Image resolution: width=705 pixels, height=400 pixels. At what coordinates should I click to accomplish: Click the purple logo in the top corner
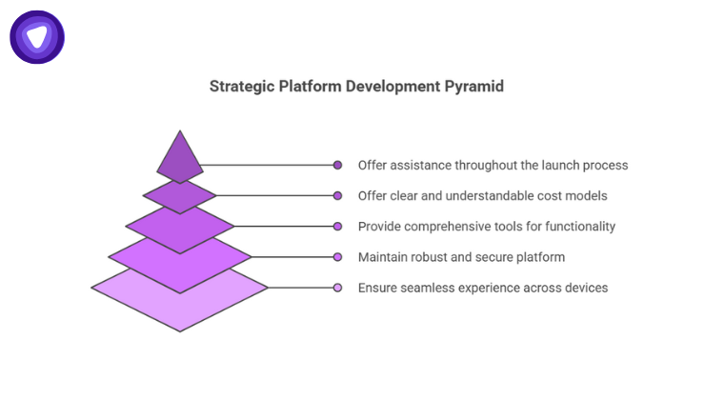[37, 37]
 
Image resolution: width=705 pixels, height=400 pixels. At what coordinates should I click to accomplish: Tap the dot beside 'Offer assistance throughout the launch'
[337, 165]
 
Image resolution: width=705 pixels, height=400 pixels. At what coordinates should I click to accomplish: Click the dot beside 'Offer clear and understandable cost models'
[337, 195]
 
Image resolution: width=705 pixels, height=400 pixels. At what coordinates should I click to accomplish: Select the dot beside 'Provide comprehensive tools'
[337, 226]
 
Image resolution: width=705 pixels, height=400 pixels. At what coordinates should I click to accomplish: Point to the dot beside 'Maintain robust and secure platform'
[337, 257]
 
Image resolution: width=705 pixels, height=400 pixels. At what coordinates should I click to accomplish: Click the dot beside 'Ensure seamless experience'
[337, 288]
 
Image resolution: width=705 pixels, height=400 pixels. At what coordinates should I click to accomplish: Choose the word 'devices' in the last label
[585, 288]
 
